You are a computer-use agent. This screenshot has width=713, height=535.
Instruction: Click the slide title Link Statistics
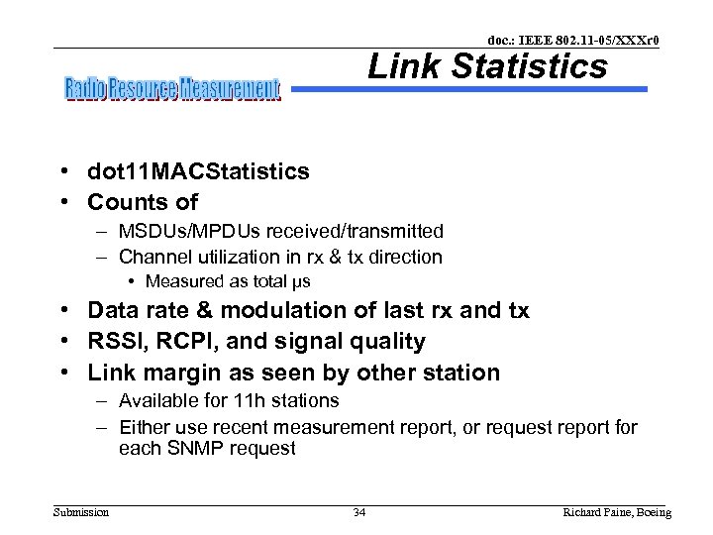tap(487, 67)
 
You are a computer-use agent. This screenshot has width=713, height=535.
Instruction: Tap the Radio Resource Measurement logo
tap(173, 90)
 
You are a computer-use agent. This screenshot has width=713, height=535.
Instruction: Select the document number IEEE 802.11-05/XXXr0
tap(573, 40)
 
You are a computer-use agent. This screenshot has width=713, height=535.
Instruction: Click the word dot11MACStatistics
tap(198, 171)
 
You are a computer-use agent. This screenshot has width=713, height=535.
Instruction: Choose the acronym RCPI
tap(183, 342)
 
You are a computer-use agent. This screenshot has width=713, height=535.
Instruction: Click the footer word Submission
tap(82, 512)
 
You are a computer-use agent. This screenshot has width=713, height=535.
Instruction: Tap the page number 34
tap(359, 512)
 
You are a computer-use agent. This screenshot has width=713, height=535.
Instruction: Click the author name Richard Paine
tap(594, 512)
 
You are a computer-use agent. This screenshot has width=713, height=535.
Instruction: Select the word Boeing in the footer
tap(651, 512)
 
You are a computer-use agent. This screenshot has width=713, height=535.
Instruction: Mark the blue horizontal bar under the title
tap(470, 89)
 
